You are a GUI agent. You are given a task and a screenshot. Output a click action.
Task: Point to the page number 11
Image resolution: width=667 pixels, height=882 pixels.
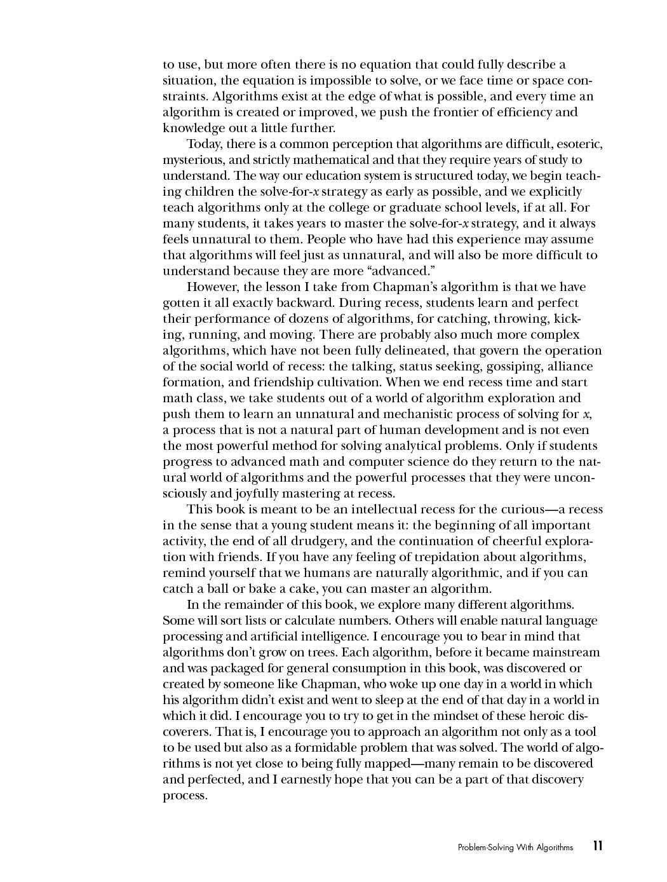pos(597,846)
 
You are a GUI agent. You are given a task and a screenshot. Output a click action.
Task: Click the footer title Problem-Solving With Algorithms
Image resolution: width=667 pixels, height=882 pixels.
pos(515,847)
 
